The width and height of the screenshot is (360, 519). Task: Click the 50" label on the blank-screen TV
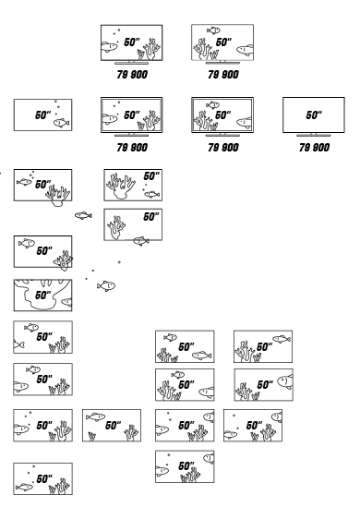click(314, 115)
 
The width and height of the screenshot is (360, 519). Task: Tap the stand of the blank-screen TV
click(314, 135)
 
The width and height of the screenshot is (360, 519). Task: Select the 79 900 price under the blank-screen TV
click(315, 147)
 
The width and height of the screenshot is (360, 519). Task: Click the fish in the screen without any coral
click(62, 123)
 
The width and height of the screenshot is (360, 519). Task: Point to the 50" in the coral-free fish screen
click(43, 115)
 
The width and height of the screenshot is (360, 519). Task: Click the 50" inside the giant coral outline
click(43, 295)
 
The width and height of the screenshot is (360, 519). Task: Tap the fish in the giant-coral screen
click(66, 302)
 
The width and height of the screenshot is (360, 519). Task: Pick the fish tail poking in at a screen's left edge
click(18, 344)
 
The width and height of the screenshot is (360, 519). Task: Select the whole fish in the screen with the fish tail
click(31, 328)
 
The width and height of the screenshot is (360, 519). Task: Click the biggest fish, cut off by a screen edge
click(285, 381)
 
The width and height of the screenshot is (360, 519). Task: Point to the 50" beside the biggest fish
click(265, 384)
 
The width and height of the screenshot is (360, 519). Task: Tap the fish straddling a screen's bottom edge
click(141, 241)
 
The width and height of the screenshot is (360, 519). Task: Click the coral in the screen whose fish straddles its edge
click(115, 228)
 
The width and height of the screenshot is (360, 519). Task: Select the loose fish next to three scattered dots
click(106, 285)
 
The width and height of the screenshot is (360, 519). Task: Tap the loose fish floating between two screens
click(83, 215)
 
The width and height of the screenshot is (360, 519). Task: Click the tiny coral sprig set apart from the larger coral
click(91, 437)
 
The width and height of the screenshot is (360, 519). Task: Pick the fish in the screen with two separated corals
click(95, 416)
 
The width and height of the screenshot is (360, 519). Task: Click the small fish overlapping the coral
click(58, 262)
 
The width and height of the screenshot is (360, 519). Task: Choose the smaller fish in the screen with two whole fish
click(171, 337)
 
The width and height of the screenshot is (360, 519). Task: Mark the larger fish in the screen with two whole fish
click(202, 356)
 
